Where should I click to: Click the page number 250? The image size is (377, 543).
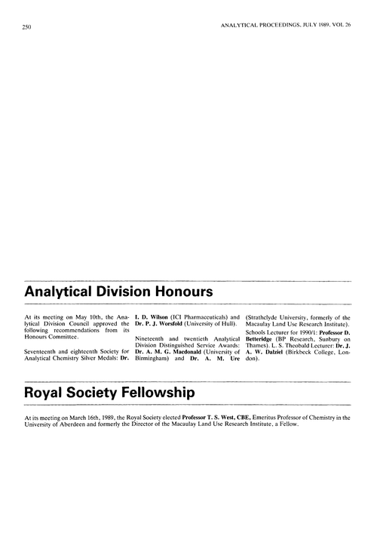pyautogui.click(x=20, y=28)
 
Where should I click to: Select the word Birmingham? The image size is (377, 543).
pyautogui.click(x=151, y=359)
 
